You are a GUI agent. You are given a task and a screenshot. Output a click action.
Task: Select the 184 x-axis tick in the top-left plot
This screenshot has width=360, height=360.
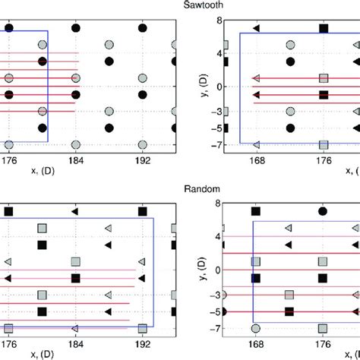[75, 160]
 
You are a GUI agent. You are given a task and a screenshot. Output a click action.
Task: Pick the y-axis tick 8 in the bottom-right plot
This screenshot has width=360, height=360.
[217, 204]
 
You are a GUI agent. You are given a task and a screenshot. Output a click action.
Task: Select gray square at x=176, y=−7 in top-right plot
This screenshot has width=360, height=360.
[324, 144]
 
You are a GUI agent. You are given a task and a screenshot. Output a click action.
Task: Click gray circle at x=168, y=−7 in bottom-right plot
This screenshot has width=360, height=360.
[256, 327]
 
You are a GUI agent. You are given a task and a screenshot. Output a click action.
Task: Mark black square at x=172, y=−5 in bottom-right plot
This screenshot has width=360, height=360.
[289, 311]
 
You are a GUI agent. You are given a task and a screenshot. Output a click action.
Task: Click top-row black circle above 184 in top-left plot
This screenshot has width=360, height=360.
[75, 28]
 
